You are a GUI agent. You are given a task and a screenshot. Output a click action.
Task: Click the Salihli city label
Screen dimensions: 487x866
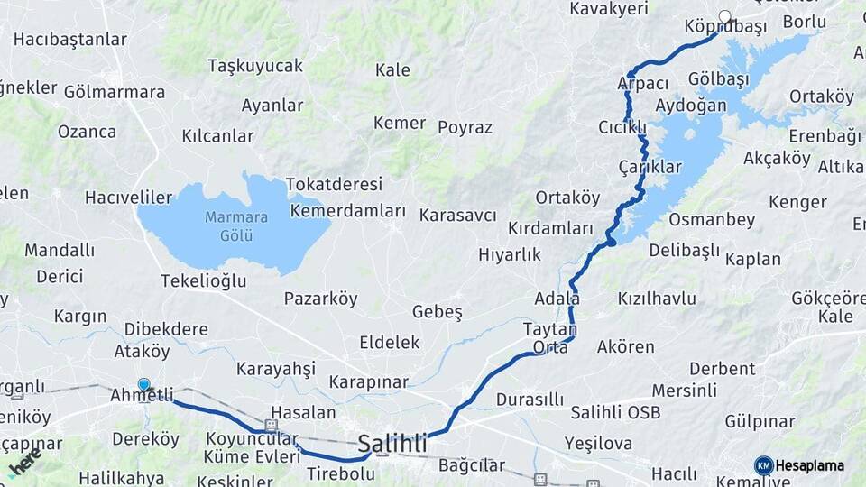coord(392,444)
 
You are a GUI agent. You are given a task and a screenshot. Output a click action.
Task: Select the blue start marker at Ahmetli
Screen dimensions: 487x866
coord(143,384)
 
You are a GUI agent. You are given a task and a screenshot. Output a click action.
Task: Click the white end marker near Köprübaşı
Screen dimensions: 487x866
coord(725,16)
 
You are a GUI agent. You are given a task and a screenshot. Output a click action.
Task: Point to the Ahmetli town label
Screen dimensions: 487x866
coord(141,396)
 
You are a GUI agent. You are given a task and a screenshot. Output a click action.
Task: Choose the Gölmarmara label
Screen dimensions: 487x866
coord(115,92)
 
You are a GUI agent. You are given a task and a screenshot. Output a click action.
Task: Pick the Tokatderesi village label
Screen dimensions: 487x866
coord(334,184)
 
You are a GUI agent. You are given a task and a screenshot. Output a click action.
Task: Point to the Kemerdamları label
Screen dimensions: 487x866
coord(348,211)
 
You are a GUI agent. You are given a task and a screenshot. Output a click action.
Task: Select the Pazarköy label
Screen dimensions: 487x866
coord(320,299)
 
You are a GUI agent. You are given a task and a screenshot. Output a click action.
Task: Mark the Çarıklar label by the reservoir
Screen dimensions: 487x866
coord(649,168)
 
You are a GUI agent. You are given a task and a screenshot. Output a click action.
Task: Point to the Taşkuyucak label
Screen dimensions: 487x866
coord(255,66)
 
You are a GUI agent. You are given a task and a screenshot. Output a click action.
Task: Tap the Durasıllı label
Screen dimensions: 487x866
coord(530,399)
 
